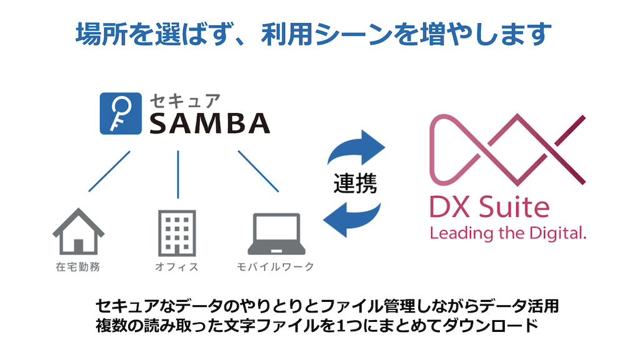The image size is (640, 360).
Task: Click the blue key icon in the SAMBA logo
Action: coord(121,114)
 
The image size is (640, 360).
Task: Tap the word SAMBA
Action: coord(210,123)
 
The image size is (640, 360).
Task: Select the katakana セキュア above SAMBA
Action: coord(185,101)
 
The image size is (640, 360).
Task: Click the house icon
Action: coord(78,231)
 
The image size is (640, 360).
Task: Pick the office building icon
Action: coord(177,233)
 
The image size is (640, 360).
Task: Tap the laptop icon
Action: coord(277,234)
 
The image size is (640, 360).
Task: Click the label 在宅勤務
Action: coord(78,267)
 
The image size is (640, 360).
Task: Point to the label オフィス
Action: coord(177,267)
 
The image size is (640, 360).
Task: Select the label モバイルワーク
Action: coord(276,267)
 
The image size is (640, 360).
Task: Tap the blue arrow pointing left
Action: coord(352,219)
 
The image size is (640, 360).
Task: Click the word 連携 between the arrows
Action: coord(355,184)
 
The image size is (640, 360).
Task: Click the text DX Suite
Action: coord(489,207)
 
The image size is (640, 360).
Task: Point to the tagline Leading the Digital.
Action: coord(507,234)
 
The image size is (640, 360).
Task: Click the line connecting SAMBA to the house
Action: coord(109,171)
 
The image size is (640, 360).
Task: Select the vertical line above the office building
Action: coord(178,175)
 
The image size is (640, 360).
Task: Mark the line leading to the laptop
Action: coord(258,171)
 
